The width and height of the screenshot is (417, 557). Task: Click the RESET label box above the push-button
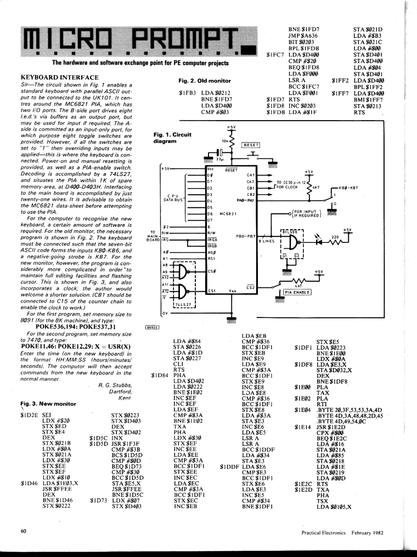coord(251,145)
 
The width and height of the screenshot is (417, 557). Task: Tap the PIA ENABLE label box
coord(297,292)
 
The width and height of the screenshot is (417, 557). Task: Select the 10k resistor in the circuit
coord(232,141)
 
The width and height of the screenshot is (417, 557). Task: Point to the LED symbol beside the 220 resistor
coord(319,242)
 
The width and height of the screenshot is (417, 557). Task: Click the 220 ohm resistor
coord(335,242)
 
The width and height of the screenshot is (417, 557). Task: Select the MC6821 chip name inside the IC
coord(228,214)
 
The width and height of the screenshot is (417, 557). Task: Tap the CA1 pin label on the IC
coord(251,175)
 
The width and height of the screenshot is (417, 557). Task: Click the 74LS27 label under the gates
coord(184,304)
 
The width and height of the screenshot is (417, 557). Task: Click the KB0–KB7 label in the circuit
coord(348,188)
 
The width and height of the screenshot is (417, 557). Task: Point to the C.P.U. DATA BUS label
coord(173,198)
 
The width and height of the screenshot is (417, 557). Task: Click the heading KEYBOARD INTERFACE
coord(60,77)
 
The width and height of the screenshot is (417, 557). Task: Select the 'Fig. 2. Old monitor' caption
coord(205,81)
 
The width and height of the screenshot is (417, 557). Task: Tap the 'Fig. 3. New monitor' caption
coord(48,403)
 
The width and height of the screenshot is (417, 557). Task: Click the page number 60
coord(24,531)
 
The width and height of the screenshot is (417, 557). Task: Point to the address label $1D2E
coord(29,415)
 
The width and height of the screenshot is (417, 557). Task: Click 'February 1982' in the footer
coord(368,532)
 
